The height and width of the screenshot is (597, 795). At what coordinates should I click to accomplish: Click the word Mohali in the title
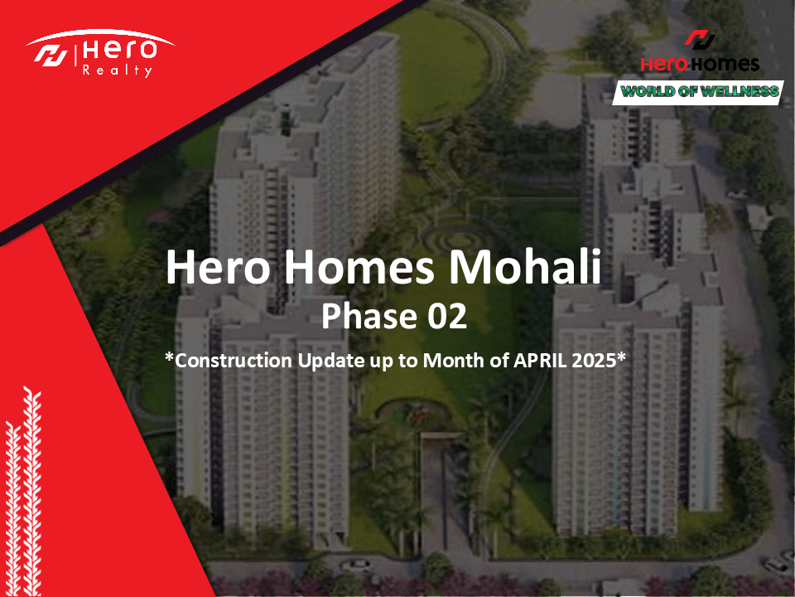tap(525, 266)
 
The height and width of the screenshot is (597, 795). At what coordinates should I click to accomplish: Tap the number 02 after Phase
tap(446, 316)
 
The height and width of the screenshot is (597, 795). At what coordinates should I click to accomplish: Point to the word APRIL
tap(541, 361)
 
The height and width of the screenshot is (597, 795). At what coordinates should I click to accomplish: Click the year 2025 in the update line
tap(594, 361)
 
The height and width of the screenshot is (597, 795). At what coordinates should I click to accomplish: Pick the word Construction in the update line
tap(234, 361)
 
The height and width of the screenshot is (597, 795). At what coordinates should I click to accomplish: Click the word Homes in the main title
tap(359, 267)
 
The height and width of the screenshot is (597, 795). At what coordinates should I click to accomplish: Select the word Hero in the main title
tap(218, 267)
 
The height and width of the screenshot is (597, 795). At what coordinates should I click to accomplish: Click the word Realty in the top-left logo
tap(117, 70)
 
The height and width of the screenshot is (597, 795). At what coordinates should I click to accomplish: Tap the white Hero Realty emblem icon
tap(51, 56)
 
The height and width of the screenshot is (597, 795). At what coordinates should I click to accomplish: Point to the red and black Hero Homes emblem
tap(701, 40)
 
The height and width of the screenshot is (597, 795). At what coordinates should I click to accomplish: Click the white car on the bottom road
tap(355, 564)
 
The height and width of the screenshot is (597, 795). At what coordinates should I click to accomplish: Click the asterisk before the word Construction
tap(169, 357)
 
